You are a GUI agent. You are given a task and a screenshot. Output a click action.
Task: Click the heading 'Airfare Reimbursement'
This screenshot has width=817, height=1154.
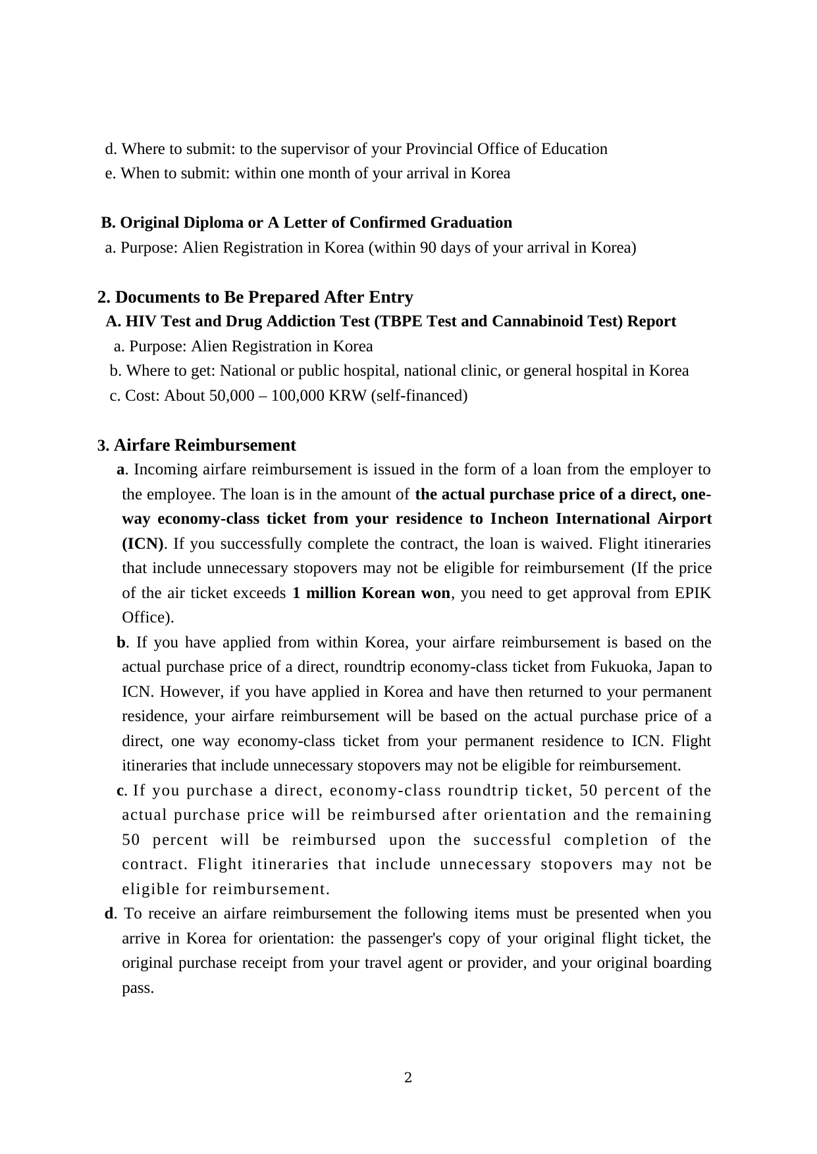pos(205,445)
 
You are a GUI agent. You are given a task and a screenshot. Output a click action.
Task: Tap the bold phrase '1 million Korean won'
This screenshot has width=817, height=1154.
pos(371,593)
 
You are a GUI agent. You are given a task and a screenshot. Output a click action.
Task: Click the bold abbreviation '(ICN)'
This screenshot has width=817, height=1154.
pos(144,543)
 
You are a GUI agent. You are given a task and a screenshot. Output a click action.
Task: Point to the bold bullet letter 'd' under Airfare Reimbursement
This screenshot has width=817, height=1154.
pos(109,913)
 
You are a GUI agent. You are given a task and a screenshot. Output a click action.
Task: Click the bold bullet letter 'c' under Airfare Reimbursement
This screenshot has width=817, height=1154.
pos(120,790)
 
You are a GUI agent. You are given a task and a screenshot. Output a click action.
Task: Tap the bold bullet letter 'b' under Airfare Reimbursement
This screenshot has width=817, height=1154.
pos(121,642)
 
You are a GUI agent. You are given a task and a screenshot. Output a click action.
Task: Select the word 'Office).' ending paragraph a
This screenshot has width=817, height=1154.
pos(148,617)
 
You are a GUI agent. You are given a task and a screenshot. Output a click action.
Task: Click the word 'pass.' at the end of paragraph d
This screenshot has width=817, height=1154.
pos(138,988)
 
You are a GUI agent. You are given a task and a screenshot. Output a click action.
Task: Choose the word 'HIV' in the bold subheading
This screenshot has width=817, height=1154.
pos(139,321)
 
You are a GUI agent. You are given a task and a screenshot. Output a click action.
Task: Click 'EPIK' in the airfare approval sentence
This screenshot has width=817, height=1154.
pos(693,593)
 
